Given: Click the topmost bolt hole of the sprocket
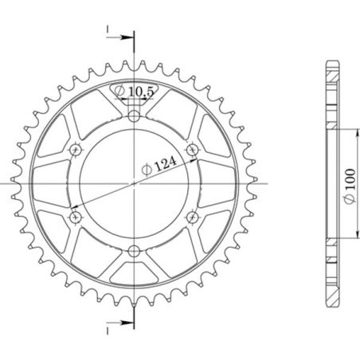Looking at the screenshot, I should coord(134,117).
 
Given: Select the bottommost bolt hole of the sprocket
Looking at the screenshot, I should coord(134,251).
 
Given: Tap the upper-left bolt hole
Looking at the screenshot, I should coord(76,150).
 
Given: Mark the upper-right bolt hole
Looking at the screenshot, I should coord(191,150).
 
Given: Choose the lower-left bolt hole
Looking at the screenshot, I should coord(76,216).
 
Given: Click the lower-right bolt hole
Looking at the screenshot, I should coord(191,216).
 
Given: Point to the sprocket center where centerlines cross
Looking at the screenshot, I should coord(134,183).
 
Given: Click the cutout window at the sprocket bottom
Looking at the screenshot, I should coord(134,268).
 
